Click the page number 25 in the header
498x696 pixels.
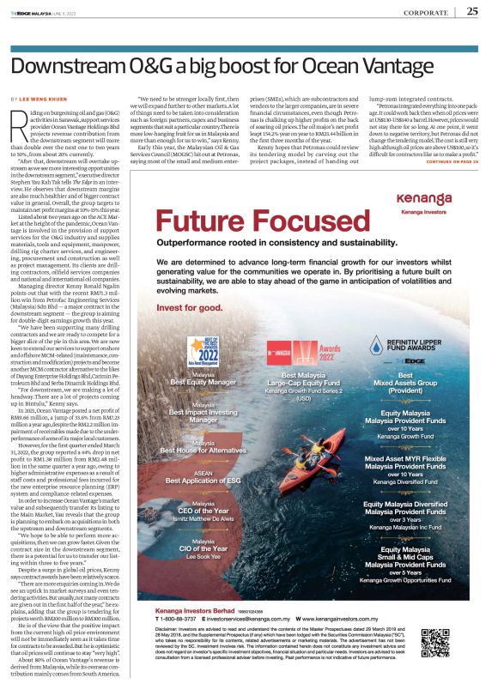[473, 11]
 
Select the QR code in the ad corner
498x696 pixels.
[449, 643]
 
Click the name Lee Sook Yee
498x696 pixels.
[203, 557]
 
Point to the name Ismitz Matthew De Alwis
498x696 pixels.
[203, 519]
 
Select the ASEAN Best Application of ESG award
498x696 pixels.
[203, 479]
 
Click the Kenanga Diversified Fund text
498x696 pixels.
[417, 481]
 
